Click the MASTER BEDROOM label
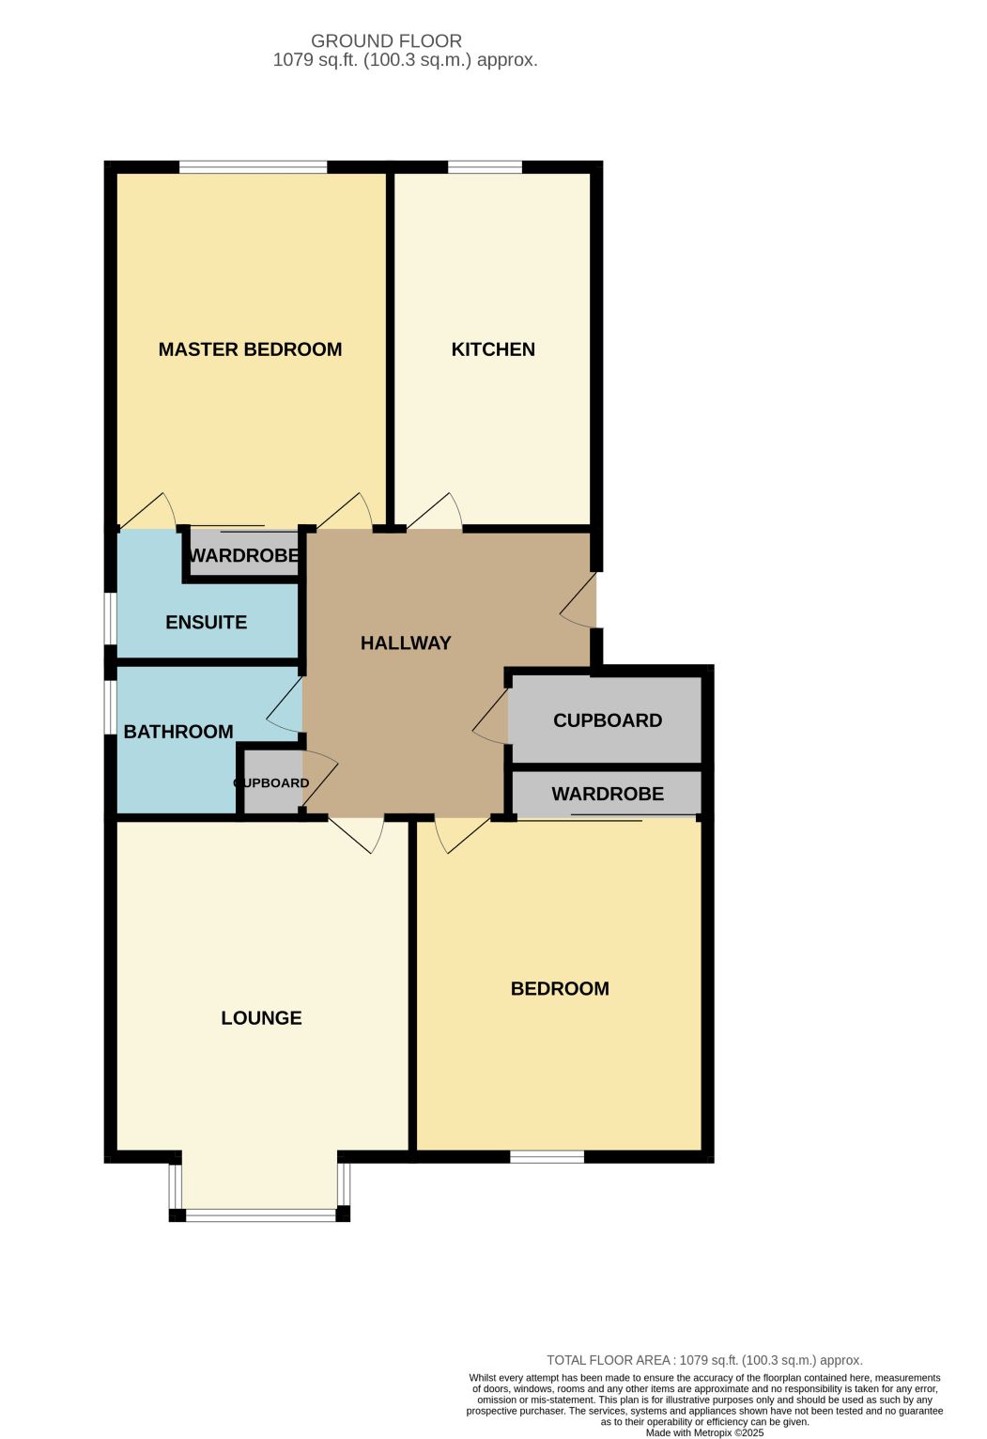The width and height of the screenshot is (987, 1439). [250, 349]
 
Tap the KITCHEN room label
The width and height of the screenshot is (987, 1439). [492, 349]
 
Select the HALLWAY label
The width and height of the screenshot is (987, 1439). [405, 643]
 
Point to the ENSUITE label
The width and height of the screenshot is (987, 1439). [206, 622]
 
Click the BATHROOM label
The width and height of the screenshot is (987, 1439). [177, 732]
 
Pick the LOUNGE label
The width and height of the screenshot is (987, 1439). [261, 1017]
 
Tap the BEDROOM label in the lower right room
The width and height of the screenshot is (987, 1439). [560, 988]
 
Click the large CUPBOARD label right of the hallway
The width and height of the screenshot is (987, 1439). [607, 720]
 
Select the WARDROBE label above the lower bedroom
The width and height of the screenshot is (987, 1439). [607, 794]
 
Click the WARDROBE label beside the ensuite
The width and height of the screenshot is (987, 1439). [245, 555]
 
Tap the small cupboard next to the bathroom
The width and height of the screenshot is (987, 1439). [271, 782]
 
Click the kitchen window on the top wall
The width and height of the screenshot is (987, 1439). [485, 167]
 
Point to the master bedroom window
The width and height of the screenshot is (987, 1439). [253, 167]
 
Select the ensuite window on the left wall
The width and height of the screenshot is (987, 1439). [111, 618]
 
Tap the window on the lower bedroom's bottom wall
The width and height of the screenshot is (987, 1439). [547, 1157]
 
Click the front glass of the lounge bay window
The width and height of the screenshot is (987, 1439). [261, 1215]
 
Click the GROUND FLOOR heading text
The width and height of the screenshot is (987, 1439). [386, 41]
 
